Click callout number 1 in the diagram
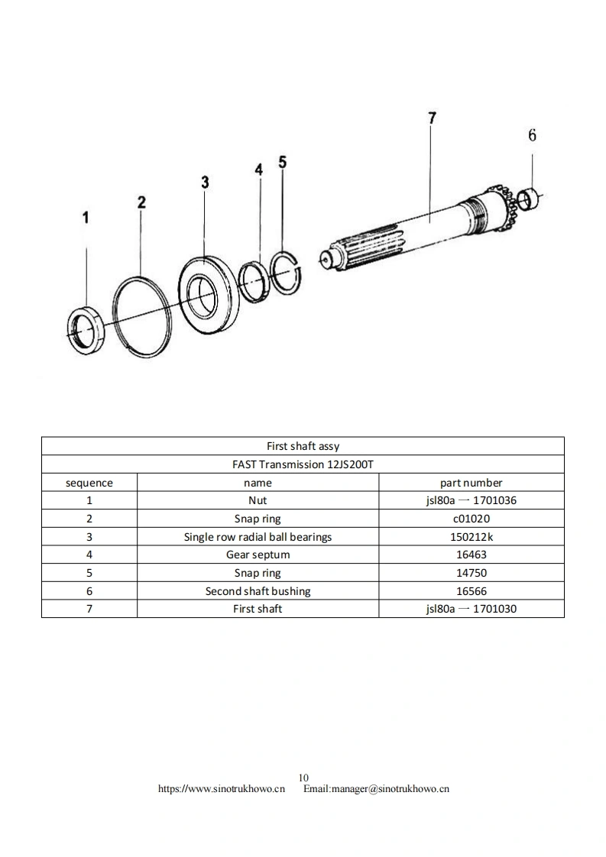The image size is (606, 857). click(86, 218)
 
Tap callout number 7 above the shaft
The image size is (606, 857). click(432, 118)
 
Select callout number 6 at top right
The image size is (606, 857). click(532, 135)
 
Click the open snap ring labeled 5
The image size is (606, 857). click(287, 270)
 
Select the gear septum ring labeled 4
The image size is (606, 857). click(251, 281)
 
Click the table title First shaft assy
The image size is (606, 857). click(303, 446)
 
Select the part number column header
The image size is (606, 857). click(471, 483)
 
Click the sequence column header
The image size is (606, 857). click(89, 483)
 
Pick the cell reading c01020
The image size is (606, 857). click(471, 519)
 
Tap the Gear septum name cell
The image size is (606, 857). click(258, 555)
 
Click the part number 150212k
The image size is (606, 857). click(471, 537)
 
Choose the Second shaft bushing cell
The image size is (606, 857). click(258, 591)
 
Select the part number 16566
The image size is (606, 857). click(471, 591)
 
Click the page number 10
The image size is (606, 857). click(303, 778)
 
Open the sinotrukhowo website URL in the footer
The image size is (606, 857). click(222, 789)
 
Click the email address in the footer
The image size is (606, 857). click(376, 789)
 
